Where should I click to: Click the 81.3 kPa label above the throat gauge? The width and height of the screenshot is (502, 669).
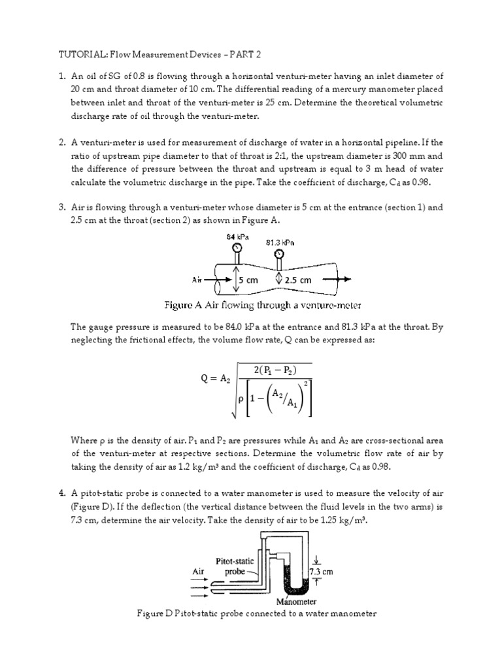pyautogui.click(x=280, y=242)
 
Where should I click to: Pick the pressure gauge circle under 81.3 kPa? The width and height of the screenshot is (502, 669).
pyautogui.click(x=280, y=253)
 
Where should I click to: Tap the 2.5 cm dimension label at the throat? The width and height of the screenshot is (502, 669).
pyautogui.click(x=298, y=280)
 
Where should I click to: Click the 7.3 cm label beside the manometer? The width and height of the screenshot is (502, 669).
pyautogui.click(x=322, y=571)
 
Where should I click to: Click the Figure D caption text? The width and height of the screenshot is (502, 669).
pyautogui.click(x=256, y=614)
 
